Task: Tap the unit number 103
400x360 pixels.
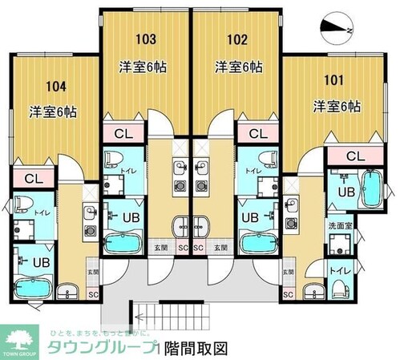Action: point(145,38)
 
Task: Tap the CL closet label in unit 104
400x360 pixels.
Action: point(33,177)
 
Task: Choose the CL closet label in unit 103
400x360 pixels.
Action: point(124,133)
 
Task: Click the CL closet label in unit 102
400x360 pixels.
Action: point(258,133)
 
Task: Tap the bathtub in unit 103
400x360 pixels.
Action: point(125,242)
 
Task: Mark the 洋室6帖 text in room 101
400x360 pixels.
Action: point(336,106)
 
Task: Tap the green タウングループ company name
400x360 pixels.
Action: point(103,348)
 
